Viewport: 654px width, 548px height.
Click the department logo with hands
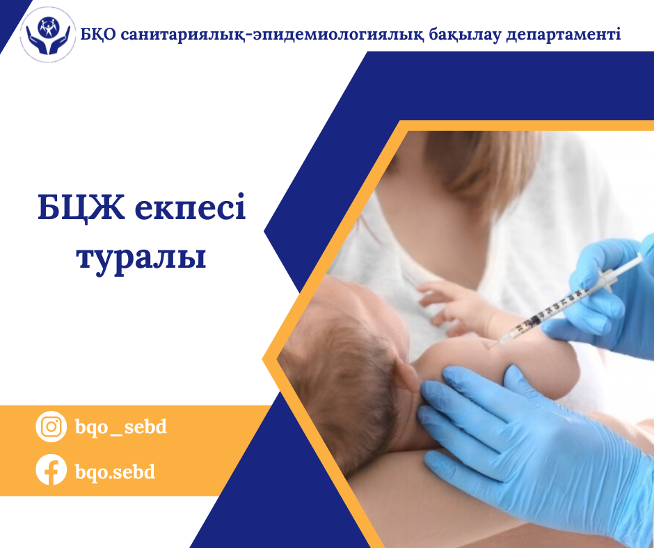(48, 36)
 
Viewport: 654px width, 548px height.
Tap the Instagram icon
(51, 426)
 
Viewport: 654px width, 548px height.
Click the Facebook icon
(51, 471)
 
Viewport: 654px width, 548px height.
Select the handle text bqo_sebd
(120, 426)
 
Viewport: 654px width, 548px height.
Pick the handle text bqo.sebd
(115, 472)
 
